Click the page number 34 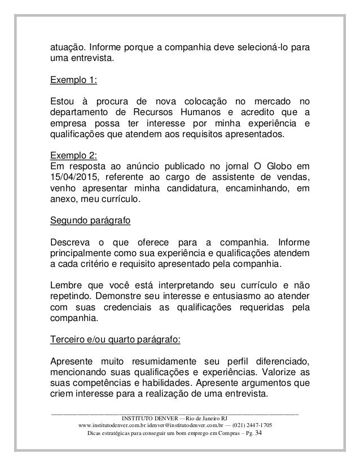[259, 433]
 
